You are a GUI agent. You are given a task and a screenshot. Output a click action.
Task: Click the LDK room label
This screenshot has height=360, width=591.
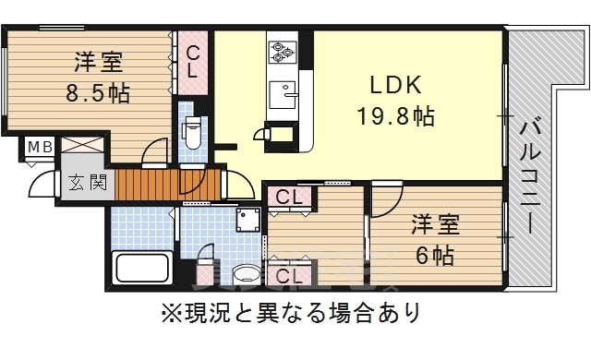pos(396,86)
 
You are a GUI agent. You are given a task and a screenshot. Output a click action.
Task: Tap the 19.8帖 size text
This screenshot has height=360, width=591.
pos(396,117)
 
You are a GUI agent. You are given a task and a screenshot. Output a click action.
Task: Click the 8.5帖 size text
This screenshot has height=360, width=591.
pos(97,93)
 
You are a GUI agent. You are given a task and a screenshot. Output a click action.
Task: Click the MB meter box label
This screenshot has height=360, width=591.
pos(39,146)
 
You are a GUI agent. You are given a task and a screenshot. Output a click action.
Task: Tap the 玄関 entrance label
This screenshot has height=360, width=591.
pos(86,182)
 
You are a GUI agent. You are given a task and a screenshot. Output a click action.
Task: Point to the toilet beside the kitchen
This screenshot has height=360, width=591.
pos(193,133)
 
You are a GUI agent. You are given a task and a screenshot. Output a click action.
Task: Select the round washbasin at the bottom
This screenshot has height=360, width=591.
pos(246,274)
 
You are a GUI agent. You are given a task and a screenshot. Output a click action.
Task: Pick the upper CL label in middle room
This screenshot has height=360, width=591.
pos(289,197)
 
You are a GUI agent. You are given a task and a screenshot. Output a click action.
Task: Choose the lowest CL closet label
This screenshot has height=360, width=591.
pos(289,274)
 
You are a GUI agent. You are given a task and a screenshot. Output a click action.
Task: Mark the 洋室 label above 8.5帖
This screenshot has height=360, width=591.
pos(97,64)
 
